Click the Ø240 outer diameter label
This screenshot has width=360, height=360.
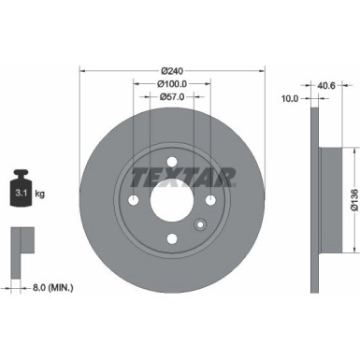(171, 70)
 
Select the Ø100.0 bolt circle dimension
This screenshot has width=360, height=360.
(171, 84)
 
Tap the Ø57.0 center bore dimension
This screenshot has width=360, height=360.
(171, 97)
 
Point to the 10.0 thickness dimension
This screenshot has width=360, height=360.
(290, 97)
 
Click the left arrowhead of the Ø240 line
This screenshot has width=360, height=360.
(83, 70)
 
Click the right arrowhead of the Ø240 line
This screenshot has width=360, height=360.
(260, 70)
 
